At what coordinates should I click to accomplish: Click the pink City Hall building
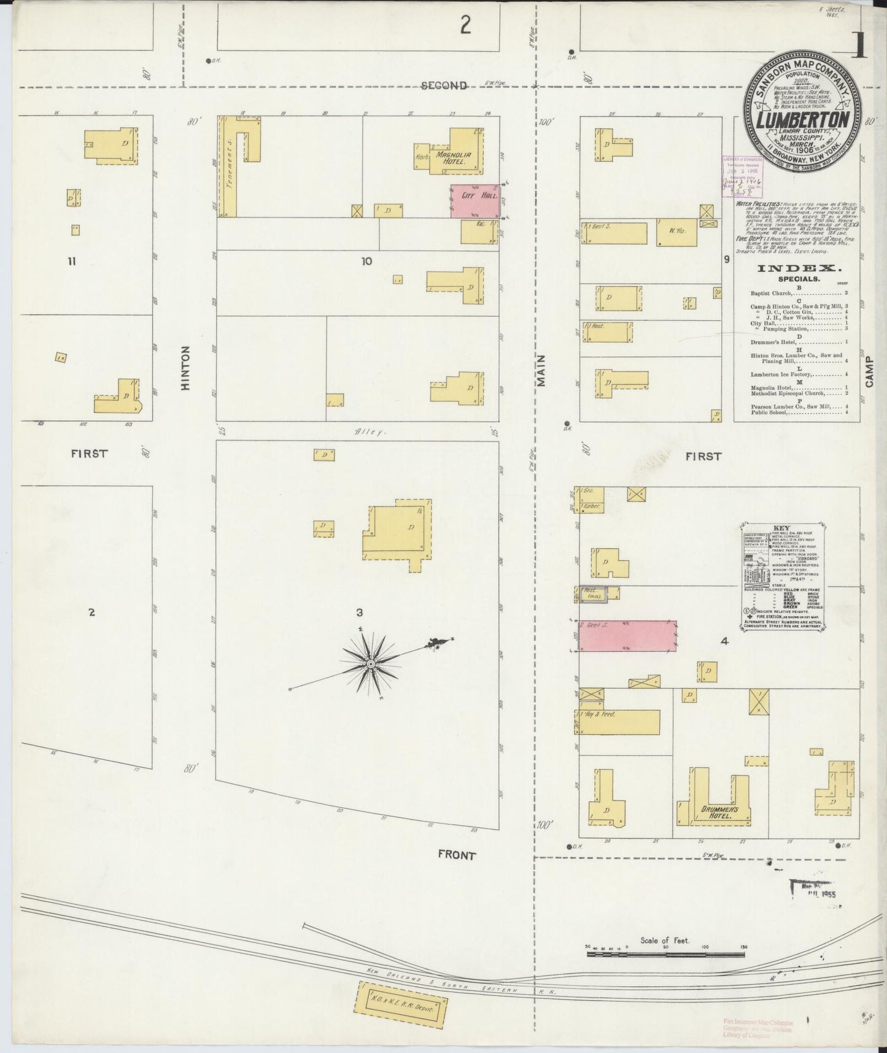(474, 201)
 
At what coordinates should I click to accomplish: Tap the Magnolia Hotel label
(454, 158)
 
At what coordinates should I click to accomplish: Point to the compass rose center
(371, 665)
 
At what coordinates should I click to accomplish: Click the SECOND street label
(444, 85)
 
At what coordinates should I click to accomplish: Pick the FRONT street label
(457, 855)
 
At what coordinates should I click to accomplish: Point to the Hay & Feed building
(619, 722)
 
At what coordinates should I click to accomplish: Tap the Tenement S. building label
(228, 173)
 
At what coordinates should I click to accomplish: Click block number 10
(366, 262)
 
